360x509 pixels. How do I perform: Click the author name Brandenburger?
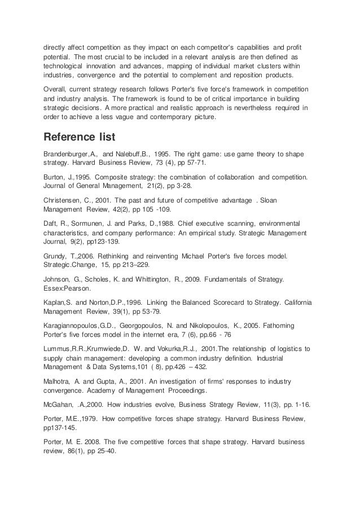pyautogui.click(x=67, y=153)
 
